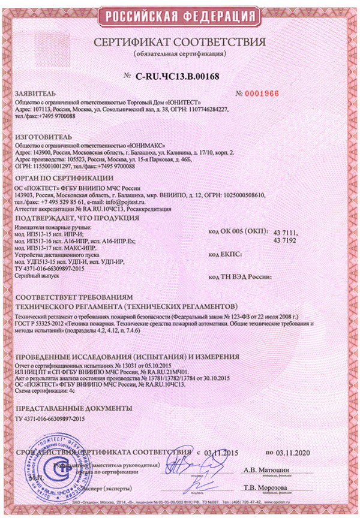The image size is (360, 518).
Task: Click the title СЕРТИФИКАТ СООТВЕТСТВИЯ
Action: (x=179, y=43)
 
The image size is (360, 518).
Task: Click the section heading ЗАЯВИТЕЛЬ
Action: (x=37, y=95)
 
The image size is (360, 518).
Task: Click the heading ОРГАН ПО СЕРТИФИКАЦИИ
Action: (x=64, y=178)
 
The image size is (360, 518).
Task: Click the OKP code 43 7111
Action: (x=285, y=232)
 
